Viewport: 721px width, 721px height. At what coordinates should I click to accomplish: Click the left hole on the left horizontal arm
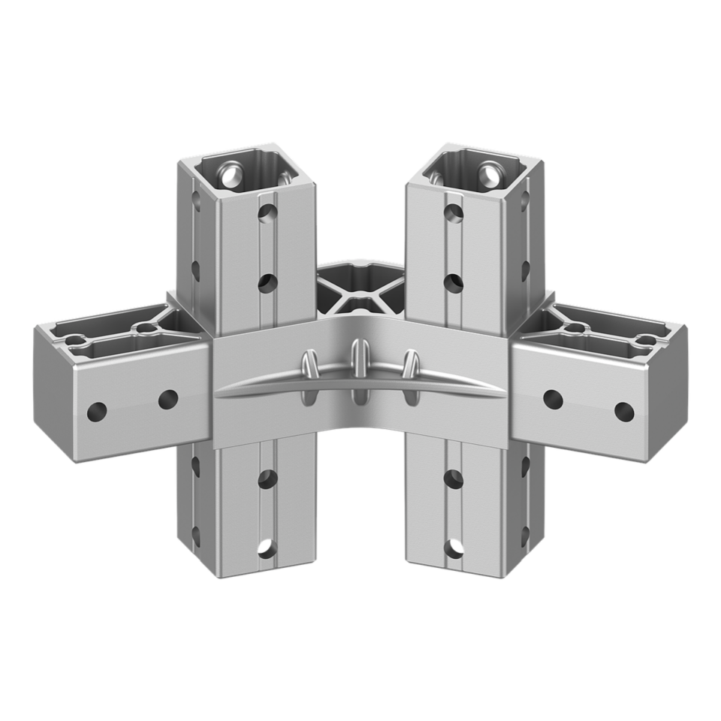[98, 411]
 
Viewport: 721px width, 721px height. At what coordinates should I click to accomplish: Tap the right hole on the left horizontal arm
[167, 400]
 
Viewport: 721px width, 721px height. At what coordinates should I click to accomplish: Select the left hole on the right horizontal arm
[554, 400]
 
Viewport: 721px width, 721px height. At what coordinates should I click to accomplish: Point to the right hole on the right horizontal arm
[623, 411]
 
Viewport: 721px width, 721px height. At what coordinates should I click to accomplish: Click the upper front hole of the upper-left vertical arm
[266, 214]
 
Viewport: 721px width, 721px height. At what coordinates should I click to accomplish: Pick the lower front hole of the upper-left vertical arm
[267, 283]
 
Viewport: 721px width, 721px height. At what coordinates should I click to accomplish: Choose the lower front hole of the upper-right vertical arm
[453, 283]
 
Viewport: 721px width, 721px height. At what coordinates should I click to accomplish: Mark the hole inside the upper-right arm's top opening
[490, 176]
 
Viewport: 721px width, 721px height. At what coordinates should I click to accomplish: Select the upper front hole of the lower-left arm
[267, 478]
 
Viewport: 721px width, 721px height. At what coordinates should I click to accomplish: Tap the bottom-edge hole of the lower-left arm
[267, 548]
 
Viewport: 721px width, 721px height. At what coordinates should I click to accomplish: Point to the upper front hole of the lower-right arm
[453, 478]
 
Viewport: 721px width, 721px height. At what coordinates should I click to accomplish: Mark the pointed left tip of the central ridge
[218, 391]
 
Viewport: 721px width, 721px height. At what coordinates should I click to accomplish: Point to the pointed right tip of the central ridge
[502, 391]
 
